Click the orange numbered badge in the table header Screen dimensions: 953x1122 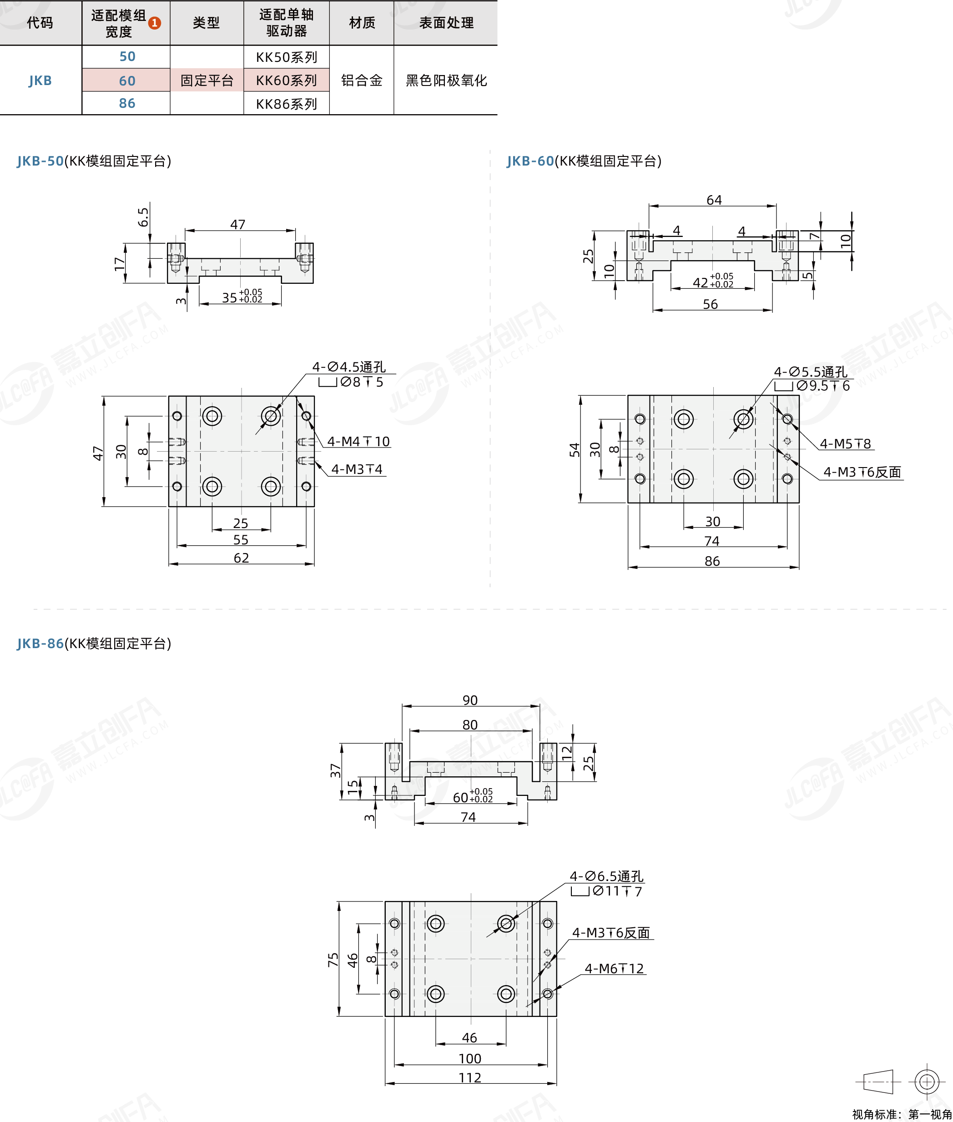[155, 23]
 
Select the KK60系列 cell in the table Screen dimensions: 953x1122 [286, 80]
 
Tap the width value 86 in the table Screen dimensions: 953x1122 [127, 103]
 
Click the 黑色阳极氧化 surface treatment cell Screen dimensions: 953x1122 [446, 81]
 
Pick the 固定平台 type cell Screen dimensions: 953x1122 [207, 81]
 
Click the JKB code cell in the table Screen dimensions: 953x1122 [40, 81]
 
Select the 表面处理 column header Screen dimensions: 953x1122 [446, 23]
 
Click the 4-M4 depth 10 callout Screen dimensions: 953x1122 [358, 441]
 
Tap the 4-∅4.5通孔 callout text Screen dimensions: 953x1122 [349, 367]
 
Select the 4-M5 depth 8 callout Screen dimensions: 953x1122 [846, 443]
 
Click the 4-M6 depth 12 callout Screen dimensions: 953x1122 [614, 969]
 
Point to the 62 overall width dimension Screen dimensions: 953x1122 [242, 558]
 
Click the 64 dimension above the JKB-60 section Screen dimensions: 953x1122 [714, 200]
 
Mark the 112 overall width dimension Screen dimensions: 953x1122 [470, 1078]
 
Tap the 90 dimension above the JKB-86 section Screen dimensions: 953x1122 [470, 700]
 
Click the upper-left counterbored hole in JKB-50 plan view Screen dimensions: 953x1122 [212, 416]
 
